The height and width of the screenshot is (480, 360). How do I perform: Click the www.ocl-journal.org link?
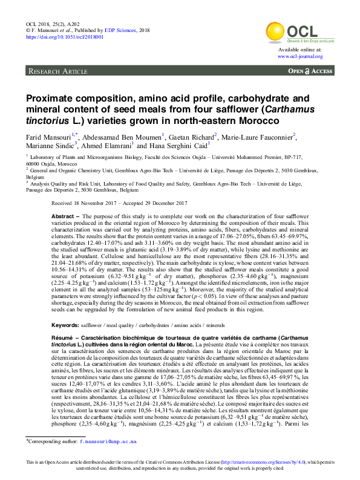pyautogui.click(x=300, y=56)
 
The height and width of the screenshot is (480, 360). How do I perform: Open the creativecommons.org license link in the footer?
pyautogui.click(x=262, y=462)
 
